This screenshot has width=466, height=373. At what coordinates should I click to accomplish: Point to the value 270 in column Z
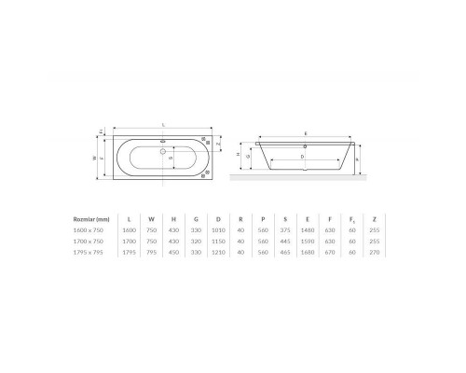click(x=375, y=252)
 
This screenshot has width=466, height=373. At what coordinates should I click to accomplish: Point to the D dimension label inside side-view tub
click(x=304, y=156)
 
